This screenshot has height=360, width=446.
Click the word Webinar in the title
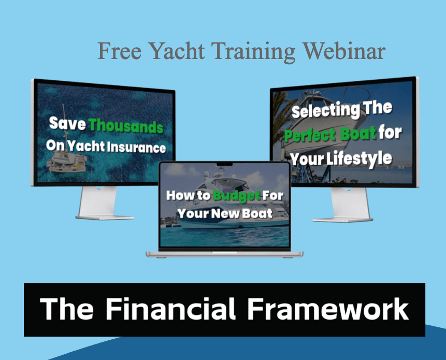tap(343, 51)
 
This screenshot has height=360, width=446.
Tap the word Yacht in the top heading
tap(176, 51)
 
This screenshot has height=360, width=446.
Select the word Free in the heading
tap(120, 51)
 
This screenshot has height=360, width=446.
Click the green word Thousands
tap(126, 126)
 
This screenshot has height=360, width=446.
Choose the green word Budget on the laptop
tap(237, 196)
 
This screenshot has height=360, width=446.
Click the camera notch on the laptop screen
tap(224, 164)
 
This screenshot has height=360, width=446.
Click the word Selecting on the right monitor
tap(326, 111)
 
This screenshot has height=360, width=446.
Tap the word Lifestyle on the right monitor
tap(359, 159)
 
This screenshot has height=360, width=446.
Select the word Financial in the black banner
tap(170, 309)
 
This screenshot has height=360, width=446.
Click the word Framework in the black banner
tap(328, 309)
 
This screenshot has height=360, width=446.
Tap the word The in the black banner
tap(66, 309)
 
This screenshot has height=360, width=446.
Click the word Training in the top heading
tap(254, 52)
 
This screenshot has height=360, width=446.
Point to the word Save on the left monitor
tap(67, 123)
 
